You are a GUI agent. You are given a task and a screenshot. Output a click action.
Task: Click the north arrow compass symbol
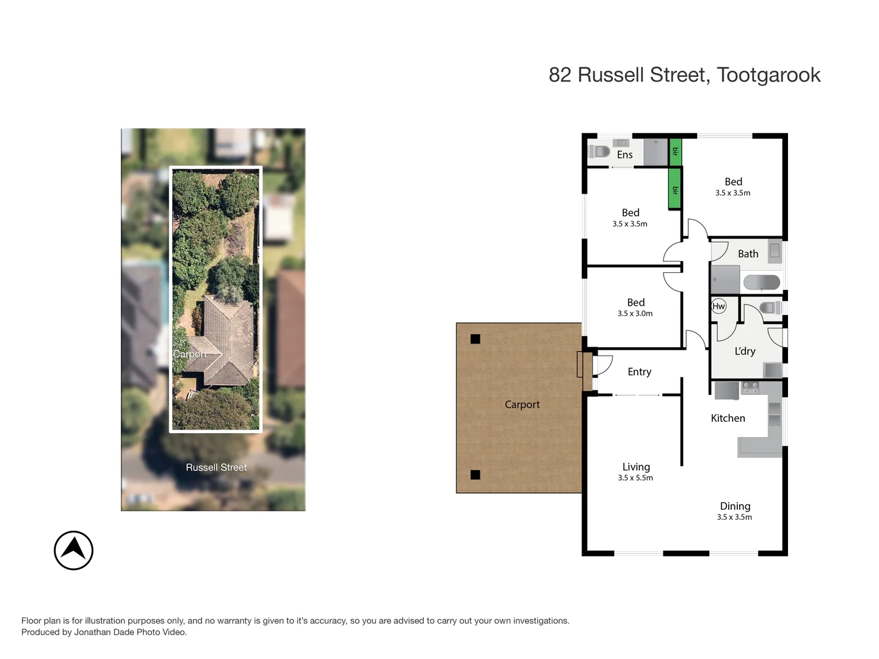pos(73,550)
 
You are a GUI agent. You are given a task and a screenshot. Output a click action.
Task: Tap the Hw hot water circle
pos(718,306)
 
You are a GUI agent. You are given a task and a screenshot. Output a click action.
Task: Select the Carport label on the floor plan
pos(522,405)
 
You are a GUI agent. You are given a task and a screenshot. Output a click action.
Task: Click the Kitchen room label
pos(728,418)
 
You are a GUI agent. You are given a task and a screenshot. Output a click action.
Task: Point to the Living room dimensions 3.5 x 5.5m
pos(635,478)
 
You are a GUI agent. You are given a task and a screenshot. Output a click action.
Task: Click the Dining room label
pos(735,506)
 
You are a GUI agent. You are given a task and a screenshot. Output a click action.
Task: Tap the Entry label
pos(639,372)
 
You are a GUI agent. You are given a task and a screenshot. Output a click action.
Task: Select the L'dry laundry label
pos(745,351)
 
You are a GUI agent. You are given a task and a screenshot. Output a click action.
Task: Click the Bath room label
pos(748,254)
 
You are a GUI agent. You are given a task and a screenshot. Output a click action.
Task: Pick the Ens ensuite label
pos(624,155)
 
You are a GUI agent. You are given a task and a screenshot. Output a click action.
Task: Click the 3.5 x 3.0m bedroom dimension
pos(635,314)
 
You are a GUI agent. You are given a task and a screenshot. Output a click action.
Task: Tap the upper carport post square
pos(476,339)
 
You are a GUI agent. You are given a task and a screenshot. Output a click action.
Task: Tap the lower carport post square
pos(476,475)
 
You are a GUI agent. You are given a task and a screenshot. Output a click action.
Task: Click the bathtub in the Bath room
pos(761,283)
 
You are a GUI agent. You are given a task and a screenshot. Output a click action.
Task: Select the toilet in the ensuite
pos(599,151)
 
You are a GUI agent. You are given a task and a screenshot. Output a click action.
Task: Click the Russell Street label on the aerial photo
pos(216,467)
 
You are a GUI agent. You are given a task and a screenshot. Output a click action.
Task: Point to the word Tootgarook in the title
pos(769,75)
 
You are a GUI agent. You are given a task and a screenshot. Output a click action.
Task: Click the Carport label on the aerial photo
pos(189,355)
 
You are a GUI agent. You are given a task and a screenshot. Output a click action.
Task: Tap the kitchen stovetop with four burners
pos(750,387)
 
